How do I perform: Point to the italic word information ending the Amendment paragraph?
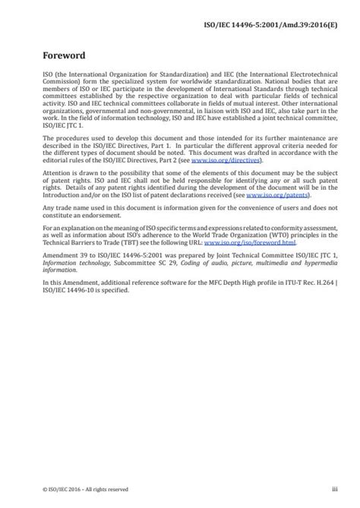pyautogui.click(x=61, y=267)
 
